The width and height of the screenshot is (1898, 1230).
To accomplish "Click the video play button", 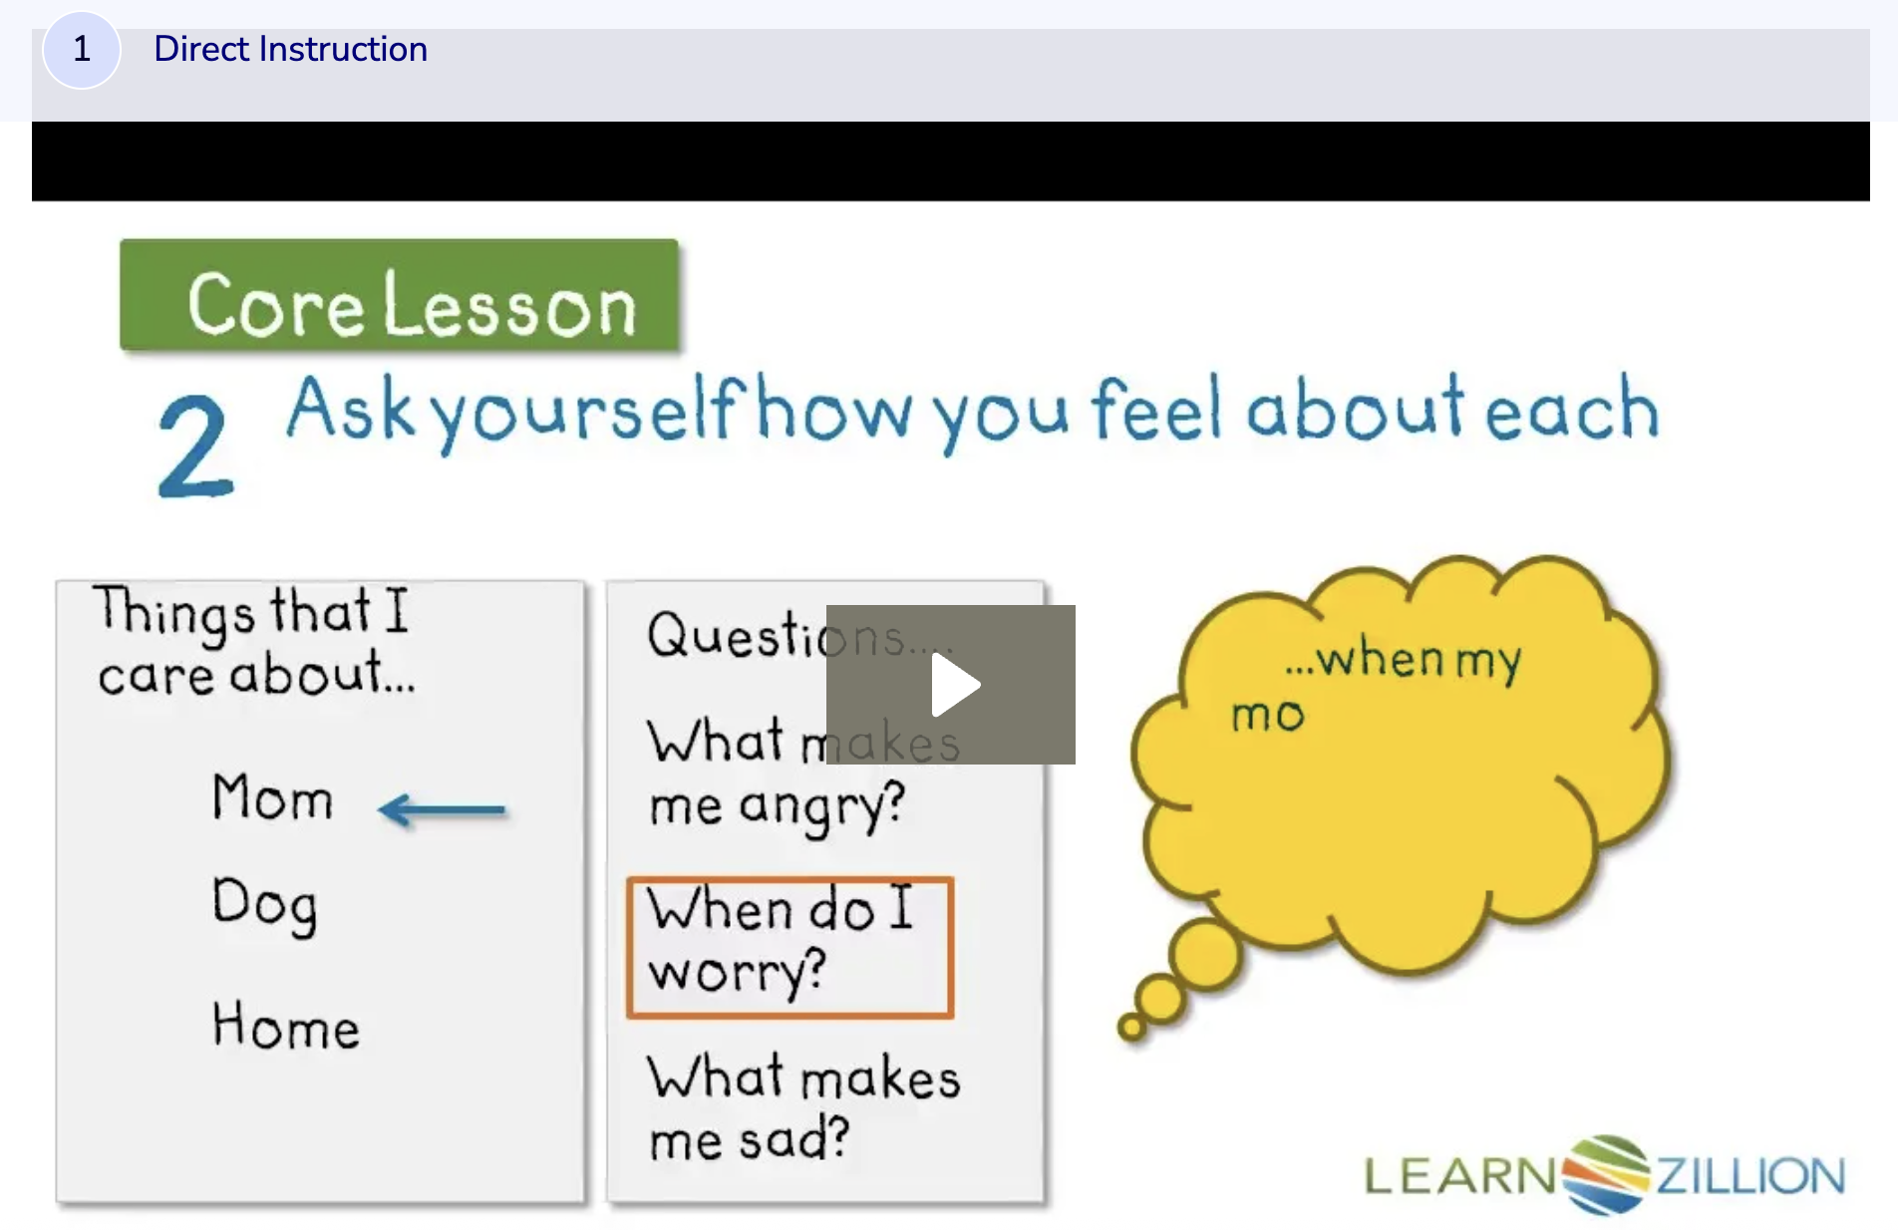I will click(x=951, y=685).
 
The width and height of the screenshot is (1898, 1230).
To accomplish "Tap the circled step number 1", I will click(x=82, y=49).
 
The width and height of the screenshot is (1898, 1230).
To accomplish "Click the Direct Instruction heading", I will click(x=290, y=49).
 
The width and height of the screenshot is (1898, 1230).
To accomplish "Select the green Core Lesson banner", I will click(x=399, y=296).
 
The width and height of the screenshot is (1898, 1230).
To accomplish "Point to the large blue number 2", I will click(x=195, y=446).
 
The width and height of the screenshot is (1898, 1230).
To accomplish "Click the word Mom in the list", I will click(x=272, y=797).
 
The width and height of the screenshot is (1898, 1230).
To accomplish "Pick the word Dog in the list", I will click(x=265, y=905).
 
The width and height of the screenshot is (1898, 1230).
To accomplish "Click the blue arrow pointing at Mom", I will click(x=443, y=809).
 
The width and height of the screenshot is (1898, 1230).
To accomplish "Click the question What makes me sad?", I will click(x=802, y=1106).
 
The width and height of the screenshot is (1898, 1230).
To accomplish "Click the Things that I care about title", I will click(x=254, y=641).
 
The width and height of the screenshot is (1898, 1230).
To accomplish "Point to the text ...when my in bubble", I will click(x=1404, y=659).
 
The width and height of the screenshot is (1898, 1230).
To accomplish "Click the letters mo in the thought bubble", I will click(x=1267, y=715).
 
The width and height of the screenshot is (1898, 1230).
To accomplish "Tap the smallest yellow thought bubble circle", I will click(x=1130, y=1027).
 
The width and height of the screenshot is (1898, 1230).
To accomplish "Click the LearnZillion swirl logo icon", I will click(x=1605, y=1174).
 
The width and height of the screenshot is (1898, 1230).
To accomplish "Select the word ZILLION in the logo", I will click(x=1750, y=1176).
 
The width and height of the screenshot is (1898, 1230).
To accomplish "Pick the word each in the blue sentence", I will click(x=1572, y=411).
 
